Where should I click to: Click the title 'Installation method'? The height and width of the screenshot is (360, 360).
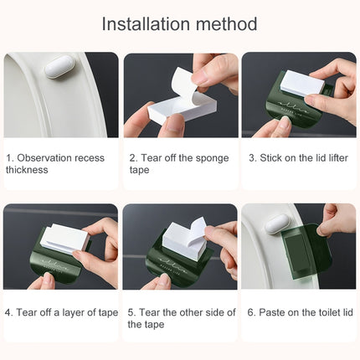pyautogui.click(x=179, y=23)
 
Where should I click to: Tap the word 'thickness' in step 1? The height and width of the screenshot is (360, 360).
pyautogui.click(x=28, y=170)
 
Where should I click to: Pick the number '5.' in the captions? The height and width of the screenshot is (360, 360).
pyautogui.click(x=132, y=312)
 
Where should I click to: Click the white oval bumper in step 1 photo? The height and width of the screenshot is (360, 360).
pyautogui.click(x=59, y=66)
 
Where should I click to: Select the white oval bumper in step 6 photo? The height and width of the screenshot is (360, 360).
pyautogui.click(x=278, y=224)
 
